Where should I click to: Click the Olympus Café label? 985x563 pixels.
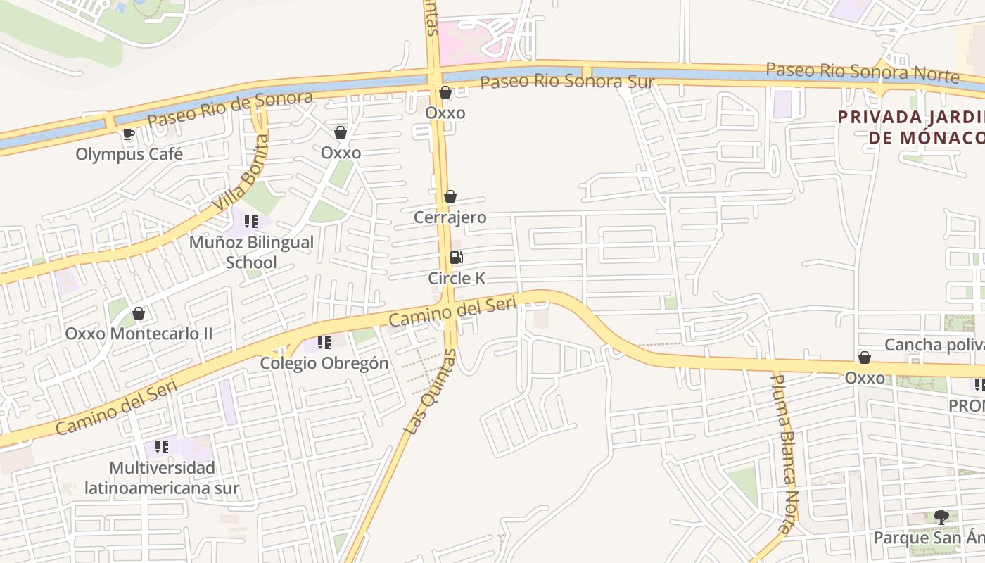point(129,153)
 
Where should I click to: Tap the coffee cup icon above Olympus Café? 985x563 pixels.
point(128,134)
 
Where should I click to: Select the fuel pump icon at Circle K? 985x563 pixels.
point(456,258)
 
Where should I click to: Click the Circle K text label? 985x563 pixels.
point(457,278)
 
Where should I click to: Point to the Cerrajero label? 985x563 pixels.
point(450,217)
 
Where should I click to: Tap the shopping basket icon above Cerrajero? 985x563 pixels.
point(450,197)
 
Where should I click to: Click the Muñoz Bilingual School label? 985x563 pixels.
point(251,252)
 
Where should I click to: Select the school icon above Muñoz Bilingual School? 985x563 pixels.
point(251,222)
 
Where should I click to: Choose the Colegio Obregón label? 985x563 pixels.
point(324,363)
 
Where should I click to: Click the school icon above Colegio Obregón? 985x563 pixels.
point(324,343)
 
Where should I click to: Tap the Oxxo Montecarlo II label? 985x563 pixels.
point(139,333)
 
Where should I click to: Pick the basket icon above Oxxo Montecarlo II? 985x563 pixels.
point(139,313)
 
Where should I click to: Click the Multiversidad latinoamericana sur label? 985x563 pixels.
point(162,478)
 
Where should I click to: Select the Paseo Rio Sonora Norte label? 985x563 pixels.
point(863,72)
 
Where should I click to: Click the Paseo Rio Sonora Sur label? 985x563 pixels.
point(567,82)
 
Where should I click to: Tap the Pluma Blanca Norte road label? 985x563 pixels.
point(784,454)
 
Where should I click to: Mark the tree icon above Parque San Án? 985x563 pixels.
point(941,517)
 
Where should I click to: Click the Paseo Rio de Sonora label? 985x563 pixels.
point(231,109)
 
